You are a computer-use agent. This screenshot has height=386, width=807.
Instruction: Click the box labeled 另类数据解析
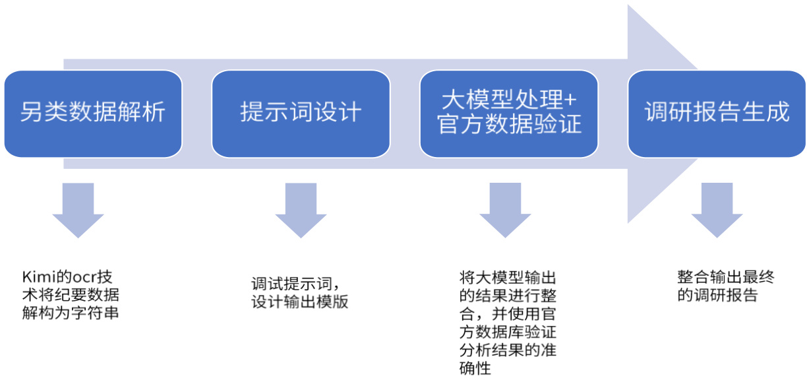click(93, 113)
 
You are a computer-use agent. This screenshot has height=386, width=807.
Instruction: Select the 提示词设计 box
click(301, 113)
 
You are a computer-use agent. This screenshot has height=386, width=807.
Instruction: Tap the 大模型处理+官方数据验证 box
click(509, 113)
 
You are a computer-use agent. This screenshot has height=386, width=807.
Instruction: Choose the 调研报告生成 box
click(717, 113)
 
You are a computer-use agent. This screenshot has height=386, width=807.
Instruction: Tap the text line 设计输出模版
click(300, 303)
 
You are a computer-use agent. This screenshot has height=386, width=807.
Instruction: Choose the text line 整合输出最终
click(725, 276)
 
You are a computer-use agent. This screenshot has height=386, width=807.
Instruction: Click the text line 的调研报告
click(717, 295)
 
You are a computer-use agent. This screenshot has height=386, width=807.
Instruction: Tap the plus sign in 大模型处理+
click(570, 100)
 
